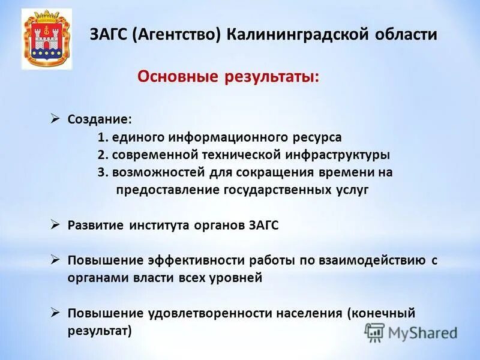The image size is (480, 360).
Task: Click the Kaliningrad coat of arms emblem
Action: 47,39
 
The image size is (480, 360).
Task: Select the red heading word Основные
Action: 179,77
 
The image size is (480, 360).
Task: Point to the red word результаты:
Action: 273,77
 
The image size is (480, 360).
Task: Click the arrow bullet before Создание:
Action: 55,119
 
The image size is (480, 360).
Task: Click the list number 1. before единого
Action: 103,137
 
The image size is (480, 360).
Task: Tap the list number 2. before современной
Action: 103,155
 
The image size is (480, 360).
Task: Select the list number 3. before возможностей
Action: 103,172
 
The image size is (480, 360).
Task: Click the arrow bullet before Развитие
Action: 55,224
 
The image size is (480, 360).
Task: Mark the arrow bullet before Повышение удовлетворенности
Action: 55,313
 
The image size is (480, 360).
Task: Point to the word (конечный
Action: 380,313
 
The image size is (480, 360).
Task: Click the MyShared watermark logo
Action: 412,332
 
